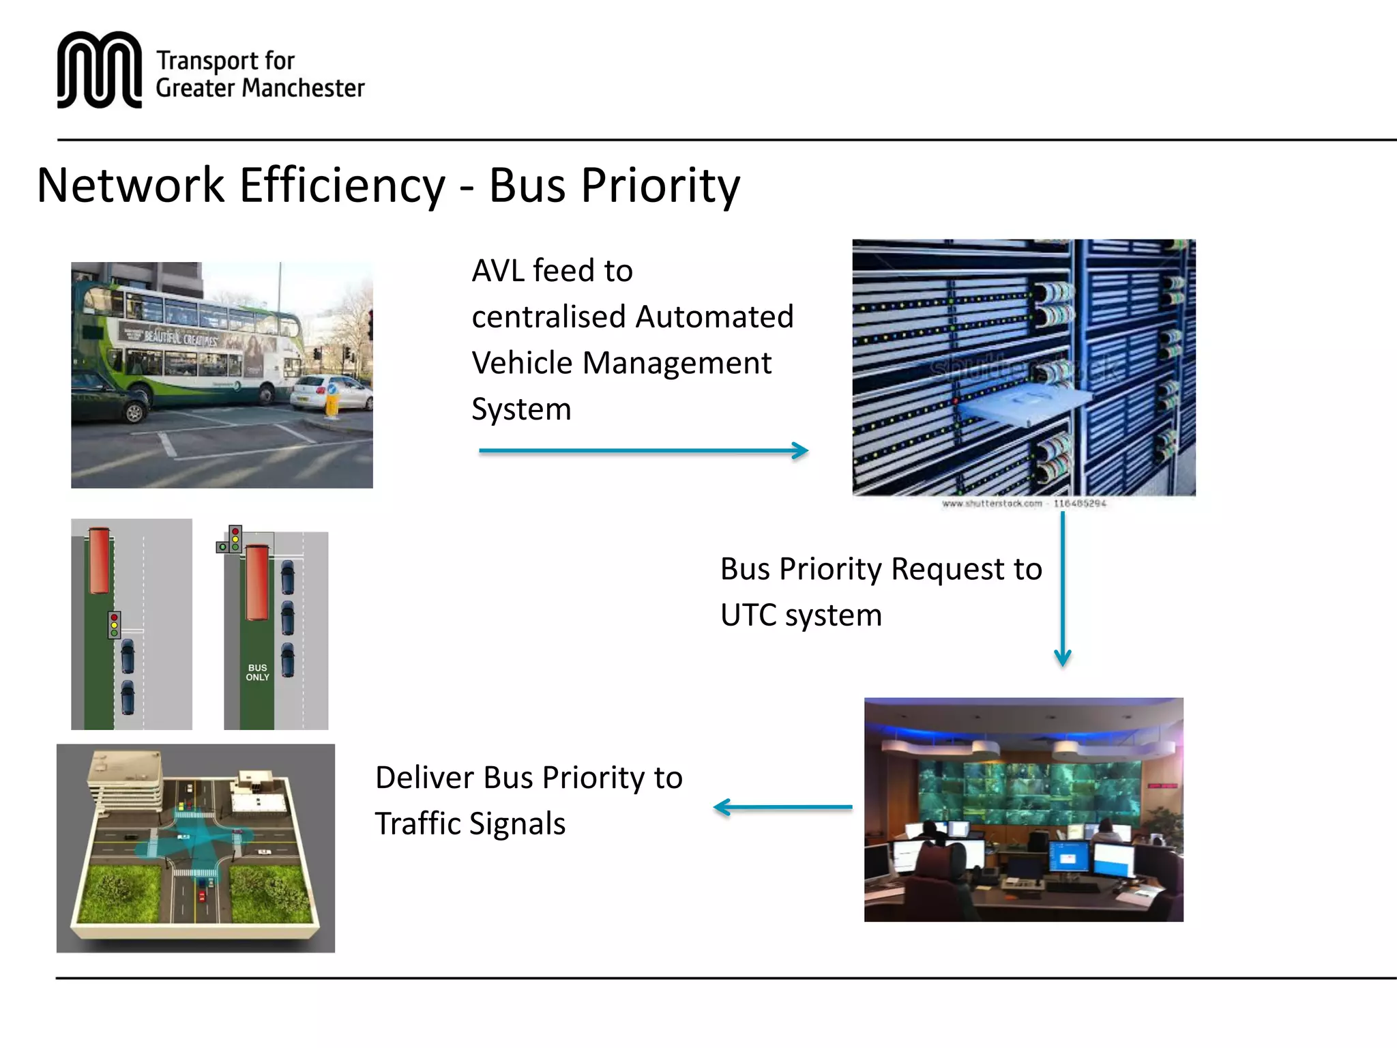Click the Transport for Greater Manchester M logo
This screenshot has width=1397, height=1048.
point(99,70)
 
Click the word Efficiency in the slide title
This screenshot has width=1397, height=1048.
point(342,186)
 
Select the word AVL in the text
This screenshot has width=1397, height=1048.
point(499,271)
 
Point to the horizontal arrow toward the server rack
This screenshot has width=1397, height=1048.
point(643,450)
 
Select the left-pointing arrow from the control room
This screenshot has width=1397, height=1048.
point(782,807)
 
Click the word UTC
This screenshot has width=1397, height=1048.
point(748,615)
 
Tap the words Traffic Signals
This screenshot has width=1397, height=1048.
point(470,824)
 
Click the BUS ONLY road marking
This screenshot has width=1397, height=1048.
point(257,672)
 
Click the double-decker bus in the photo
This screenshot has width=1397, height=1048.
point(191,345)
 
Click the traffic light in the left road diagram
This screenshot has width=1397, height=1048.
point(115,624)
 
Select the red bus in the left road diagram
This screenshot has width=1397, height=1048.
point(99,559)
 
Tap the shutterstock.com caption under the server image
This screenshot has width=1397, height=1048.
point(1023,504)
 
